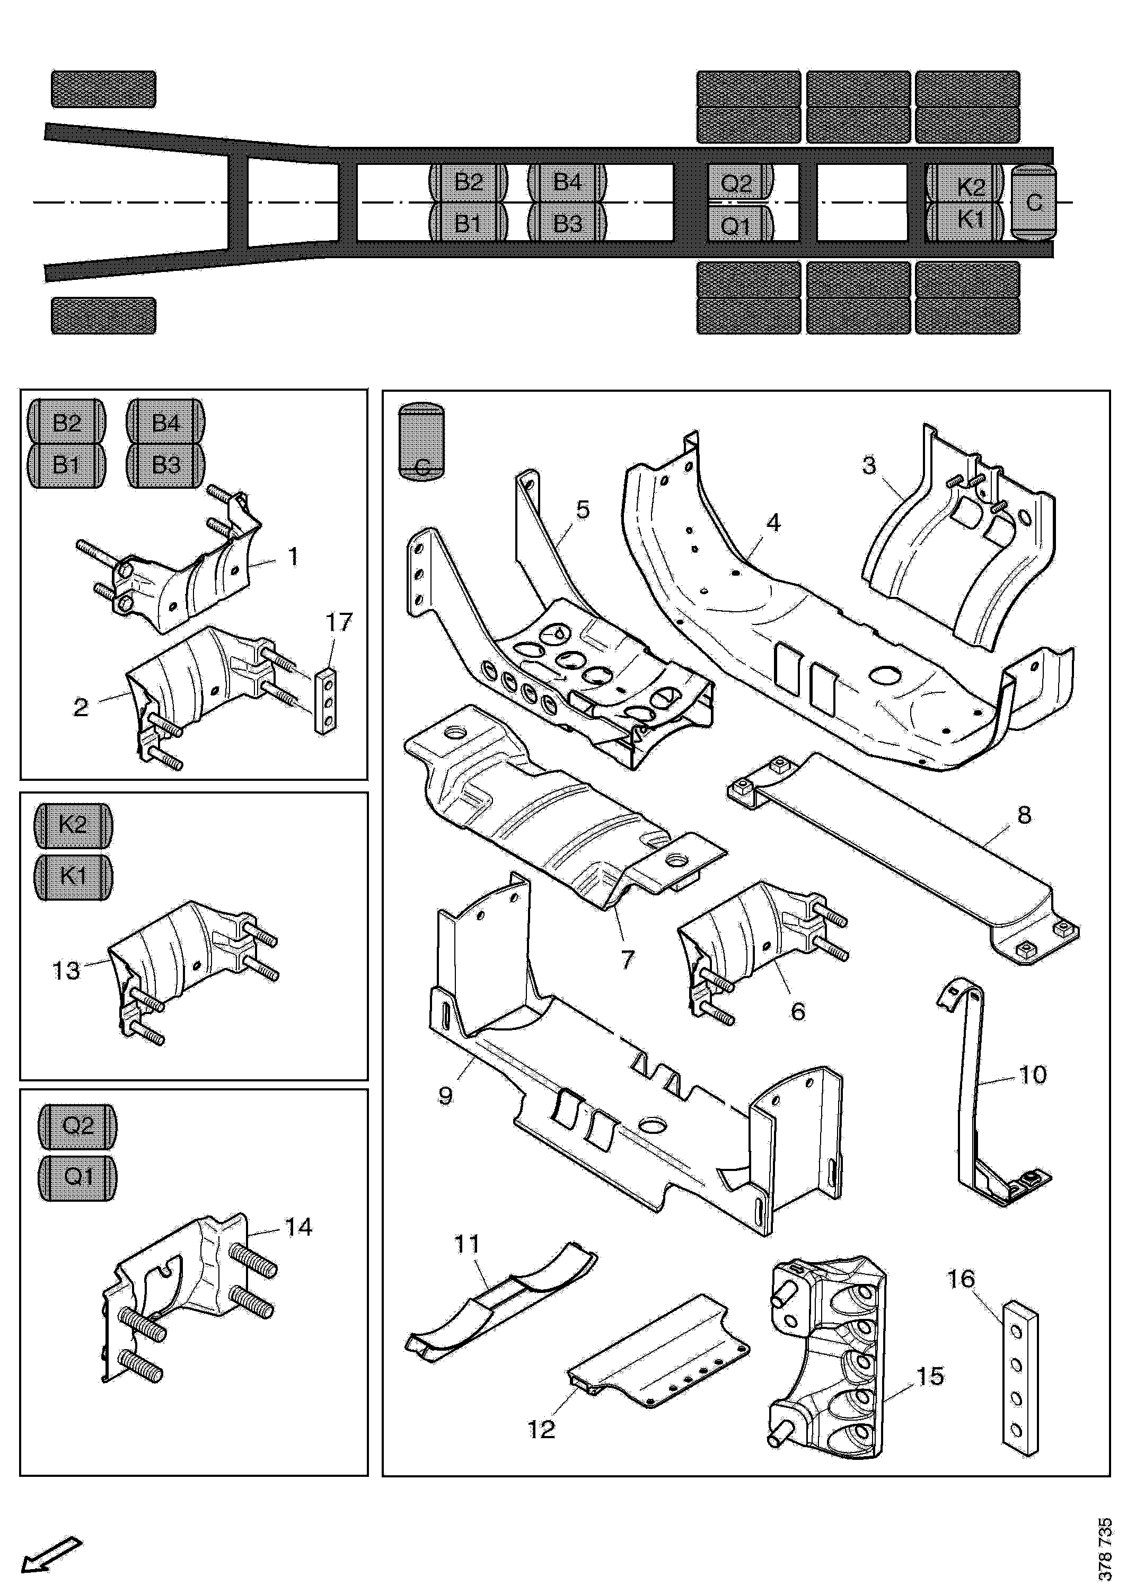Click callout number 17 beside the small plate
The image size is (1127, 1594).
339,622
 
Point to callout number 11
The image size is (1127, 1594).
468,1244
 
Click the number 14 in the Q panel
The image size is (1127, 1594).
298,1227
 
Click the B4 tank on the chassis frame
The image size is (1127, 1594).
567,182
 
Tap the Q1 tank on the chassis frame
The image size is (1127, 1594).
736,226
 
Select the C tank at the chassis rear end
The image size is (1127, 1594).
1034,202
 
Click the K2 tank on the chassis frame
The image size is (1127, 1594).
971,186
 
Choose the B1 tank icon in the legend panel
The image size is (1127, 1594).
67,464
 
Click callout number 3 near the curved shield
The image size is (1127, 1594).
869,464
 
